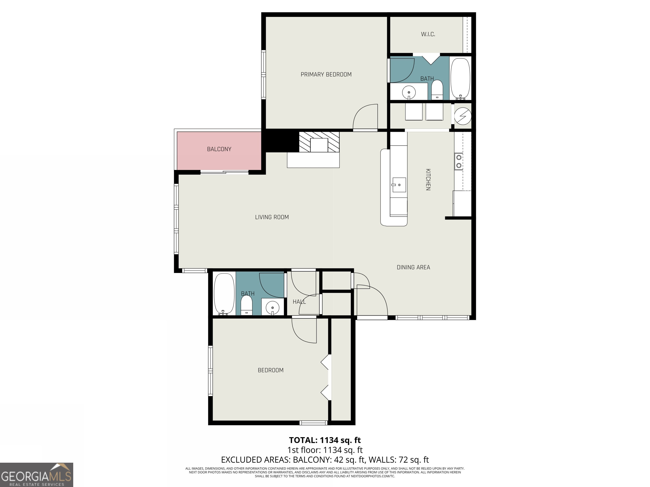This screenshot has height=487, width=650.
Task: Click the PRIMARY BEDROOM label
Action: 326,75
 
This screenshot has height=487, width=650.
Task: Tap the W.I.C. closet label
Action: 428,34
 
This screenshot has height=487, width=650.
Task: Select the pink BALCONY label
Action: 219,149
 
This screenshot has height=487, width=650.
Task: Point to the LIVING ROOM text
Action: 272,217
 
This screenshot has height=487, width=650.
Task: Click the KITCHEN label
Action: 428,179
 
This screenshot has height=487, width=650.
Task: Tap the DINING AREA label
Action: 413,267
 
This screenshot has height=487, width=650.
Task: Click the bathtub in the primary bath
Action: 460,78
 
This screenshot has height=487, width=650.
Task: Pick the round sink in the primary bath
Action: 409,92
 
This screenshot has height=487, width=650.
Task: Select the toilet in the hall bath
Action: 246,305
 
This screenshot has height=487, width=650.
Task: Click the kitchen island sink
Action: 399,185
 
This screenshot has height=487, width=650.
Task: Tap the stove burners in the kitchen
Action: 459,161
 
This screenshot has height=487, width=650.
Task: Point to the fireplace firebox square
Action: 319,145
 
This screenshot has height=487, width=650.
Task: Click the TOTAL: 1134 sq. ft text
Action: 325,440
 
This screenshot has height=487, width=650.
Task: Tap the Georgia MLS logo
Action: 36,475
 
